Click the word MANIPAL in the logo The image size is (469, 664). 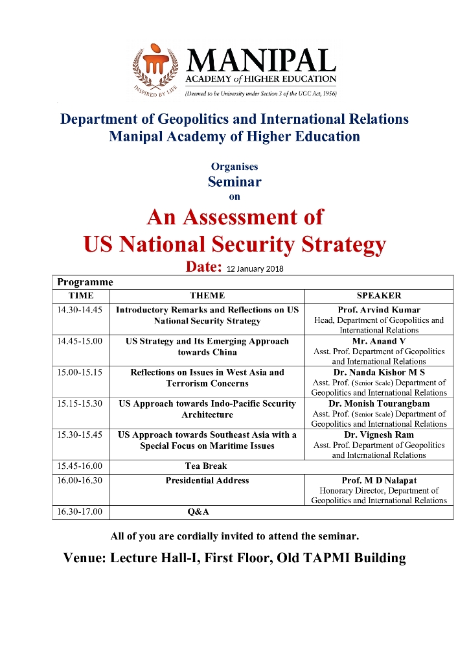(x=261, y=62)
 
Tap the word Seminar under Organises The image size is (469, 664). (x=234, y=182)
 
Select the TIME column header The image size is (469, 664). (x=81, y=296)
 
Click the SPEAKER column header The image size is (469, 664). (x=379, y=296)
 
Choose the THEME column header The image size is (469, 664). (x=207, y=296)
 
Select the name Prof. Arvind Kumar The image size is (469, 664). (x=379, y=310)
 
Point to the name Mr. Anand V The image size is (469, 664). (x=379, y=341)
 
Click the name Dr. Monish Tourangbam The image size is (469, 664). (x=379, y=403)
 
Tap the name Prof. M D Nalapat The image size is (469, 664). (x=379, y=480)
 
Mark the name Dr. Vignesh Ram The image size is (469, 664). (x=379, y=434)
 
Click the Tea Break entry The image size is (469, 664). (x=206, y=466)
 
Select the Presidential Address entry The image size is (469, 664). (x=207, y=480)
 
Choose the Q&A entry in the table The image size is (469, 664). (x=198, y=512)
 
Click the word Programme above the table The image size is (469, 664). (x=85, y=282)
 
